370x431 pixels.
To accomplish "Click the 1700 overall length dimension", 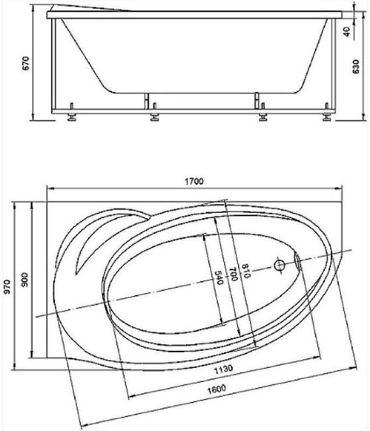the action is [x=194, y=182].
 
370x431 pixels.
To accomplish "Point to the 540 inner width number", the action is [x=219, y=278].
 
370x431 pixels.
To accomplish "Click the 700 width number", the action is [x=233, y=274].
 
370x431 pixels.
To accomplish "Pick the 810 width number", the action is [x=245, y=271].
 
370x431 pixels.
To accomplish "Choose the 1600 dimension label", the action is [x=217, y=389].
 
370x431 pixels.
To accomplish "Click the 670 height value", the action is [x=25, y=63].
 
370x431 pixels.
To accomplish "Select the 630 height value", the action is [x=355, y=67].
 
